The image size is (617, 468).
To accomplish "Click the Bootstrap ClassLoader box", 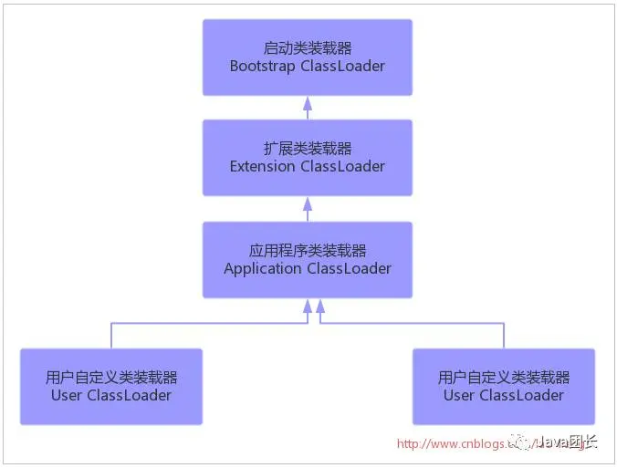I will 308,57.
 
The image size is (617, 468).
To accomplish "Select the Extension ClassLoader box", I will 308,158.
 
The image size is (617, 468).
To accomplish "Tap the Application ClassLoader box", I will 308,260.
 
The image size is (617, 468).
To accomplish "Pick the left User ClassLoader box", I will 111,386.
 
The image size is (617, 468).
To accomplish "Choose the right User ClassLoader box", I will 504,386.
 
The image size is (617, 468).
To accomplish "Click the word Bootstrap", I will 262,67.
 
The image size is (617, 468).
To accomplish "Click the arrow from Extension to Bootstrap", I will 308,109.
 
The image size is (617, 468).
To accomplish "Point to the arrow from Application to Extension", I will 308,210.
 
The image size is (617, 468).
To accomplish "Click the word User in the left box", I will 67,395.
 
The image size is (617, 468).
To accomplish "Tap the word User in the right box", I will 459,395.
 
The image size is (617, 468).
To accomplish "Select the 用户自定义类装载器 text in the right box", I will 504,377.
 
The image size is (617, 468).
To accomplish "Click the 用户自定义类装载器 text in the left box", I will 111,377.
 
